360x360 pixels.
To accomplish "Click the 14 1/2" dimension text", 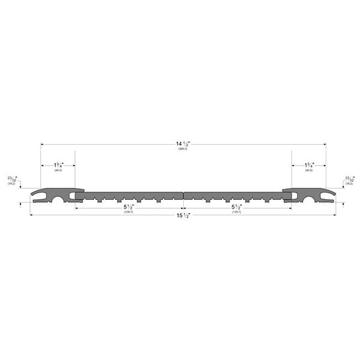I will click(x=182, y=144).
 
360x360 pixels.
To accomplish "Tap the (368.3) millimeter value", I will click(x=182, y=149).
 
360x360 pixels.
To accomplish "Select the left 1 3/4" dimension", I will click(x=58, y=165).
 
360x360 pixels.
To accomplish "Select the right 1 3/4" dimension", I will click(x=309, y=165).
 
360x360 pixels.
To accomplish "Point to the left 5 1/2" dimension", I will click(x=128, y=207).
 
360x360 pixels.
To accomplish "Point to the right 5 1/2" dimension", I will click(x=236, y=207).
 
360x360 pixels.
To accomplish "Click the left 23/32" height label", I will click(x=13, y=179).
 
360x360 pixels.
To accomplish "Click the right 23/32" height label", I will click(x=349, y=179).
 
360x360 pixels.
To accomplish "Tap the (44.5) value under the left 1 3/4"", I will click(x=58, y=171).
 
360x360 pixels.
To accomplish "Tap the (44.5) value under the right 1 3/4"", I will click(x=309, y=171).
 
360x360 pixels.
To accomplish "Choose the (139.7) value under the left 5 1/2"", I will click(x=128, y=212).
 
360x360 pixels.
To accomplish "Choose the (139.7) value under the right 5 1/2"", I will click(x=236, y=212).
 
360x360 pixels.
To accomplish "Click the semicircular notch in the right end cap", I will click(x=309, y=197).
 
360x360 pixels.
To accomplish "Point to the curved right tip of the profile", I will click(x=331, y=194).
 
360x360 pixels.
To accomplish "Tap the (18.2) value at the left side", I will click(x=11, y=184).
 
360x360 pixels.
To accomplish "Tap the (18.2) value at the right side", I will click(x=349, y=184).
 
